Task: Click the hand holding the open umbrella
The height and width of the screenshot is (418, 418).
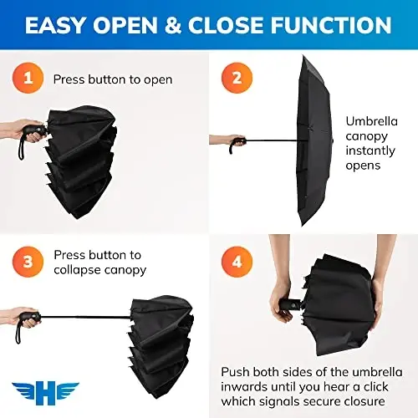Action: tap(221, 140)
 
